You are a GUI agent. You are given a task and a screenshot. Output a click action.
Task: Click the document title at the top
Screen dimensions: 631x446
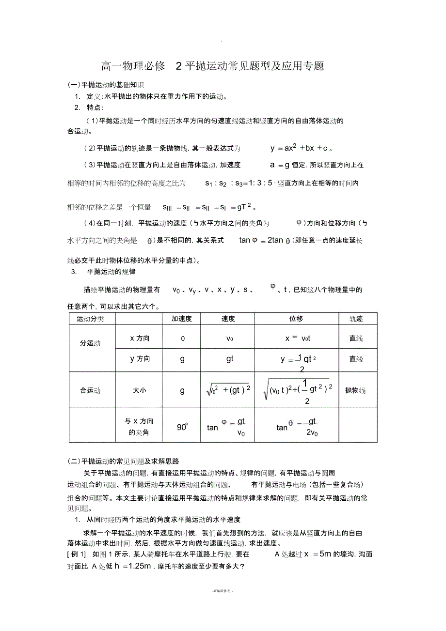(212, 66)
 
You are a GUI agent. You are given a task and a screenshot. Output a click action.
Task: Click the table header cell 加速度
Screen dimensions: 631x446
(182, 319)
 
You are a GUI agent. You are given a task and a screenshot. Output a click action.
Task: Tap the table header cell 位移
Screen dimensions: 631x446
(296, 319)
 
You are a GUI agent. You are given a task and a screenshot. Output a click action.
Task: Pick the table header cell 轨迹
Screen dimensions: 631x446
(356, 319)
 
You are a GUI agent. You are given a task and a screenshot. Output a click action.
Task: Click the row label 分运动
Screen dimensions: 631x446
(90, 343)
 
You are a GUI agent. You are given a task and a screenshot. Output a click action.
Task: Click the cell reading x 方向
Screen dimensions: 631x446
(140, 339)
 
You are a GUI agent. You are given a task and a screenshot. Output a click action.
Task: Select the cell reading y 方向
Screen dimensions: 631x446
(140, 359)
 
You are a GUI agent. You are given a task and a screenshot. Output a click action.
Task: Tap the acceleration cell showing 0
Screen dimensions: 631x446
(183, 339)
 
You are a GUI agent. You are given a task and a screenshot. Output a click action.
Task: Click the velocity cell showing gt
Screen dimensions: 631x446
(229, 359)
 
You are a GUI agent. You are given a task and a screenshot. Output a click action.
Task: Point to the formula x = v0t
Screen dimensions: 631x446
(297, 339)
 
